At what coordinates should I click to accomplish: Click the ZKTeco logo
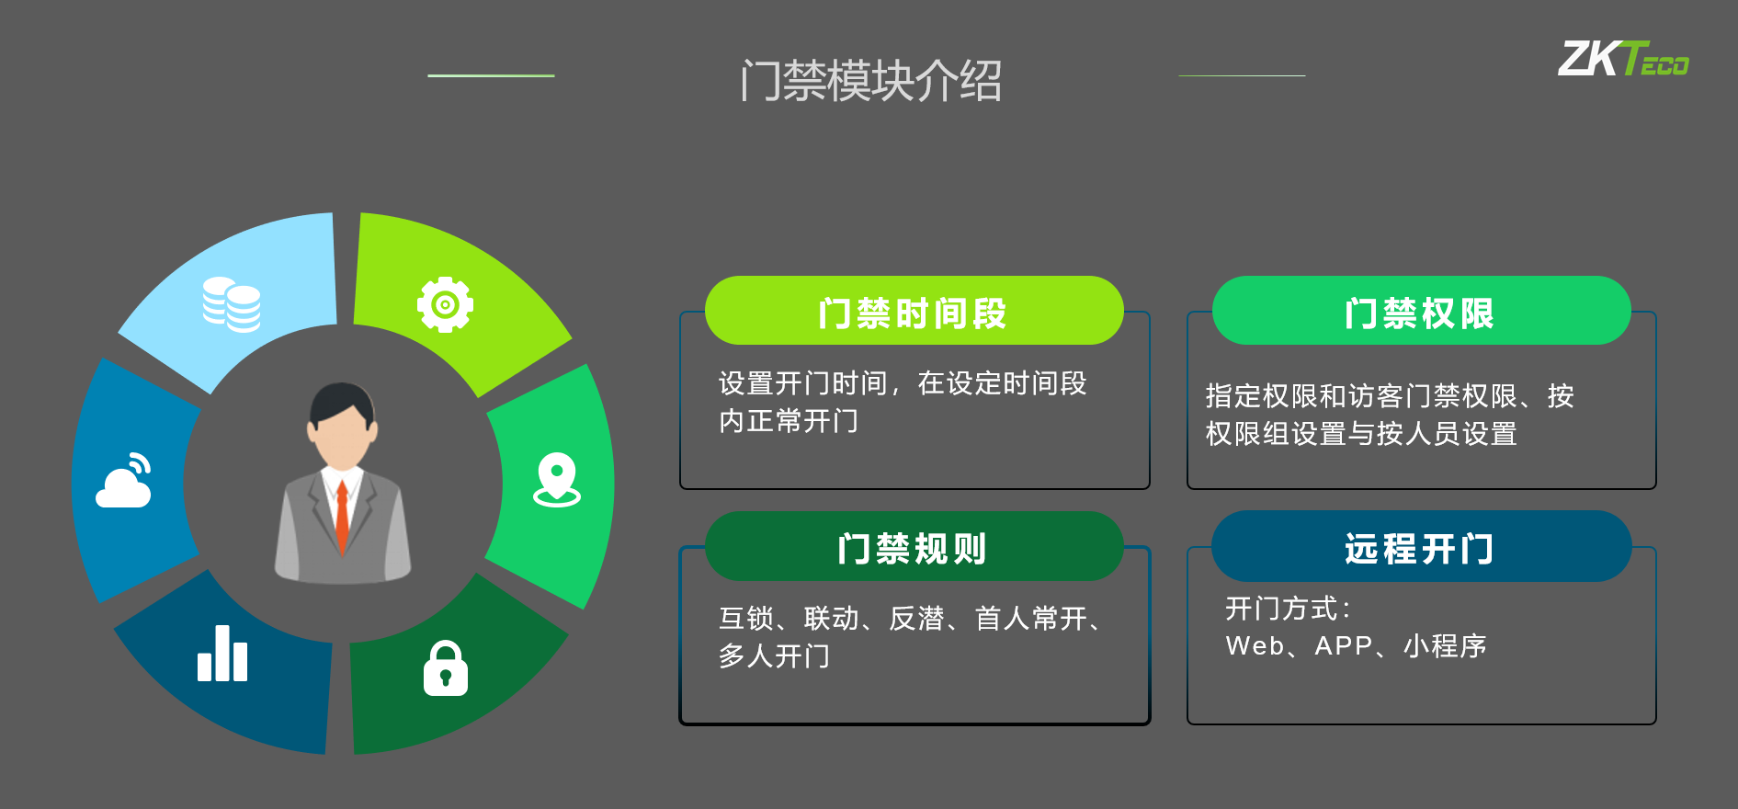click(x=1623, y=59)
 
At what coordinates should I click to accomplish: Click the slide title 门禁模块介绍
click(x=870, y=81)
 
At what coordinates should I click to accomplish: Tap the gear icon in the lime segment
click(x=445, y=304)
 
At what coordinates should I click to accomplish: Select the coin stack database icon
click(x=232, y=304)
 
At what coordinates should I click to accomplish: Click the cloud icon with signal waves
click(x=124, y=480)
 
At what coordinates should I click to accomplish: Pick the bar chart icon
click(x=222, y=654)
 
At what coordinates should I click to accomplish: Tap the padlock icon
click(x=446, y=668)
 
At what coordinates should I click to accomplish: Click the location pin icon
click(x=557, y=480)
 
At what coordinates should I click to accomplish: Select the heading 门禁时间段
click(x=913, y=313)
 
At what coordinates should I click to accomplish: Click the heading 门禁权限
click(x=1420, y=313)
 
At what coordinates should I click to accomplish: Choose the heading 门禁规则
click(x=913, y=549)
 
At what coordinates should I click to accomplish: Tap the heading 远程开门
click(x=1420, y=549)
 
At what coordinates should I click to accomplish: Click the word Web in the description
click(x=1255, y=646)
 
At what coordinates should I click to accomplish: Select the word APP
click(x=1344, y=646)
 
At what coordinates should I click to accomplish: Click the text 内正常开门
click(x=789, y=421)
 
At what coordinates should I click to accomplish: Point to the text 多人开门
click(x=775, y=656)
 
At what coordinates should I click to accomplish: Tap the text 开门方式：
click(x=1289, y=609)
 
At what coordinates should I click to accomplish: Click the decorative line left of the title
click(x=491, y=75)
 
